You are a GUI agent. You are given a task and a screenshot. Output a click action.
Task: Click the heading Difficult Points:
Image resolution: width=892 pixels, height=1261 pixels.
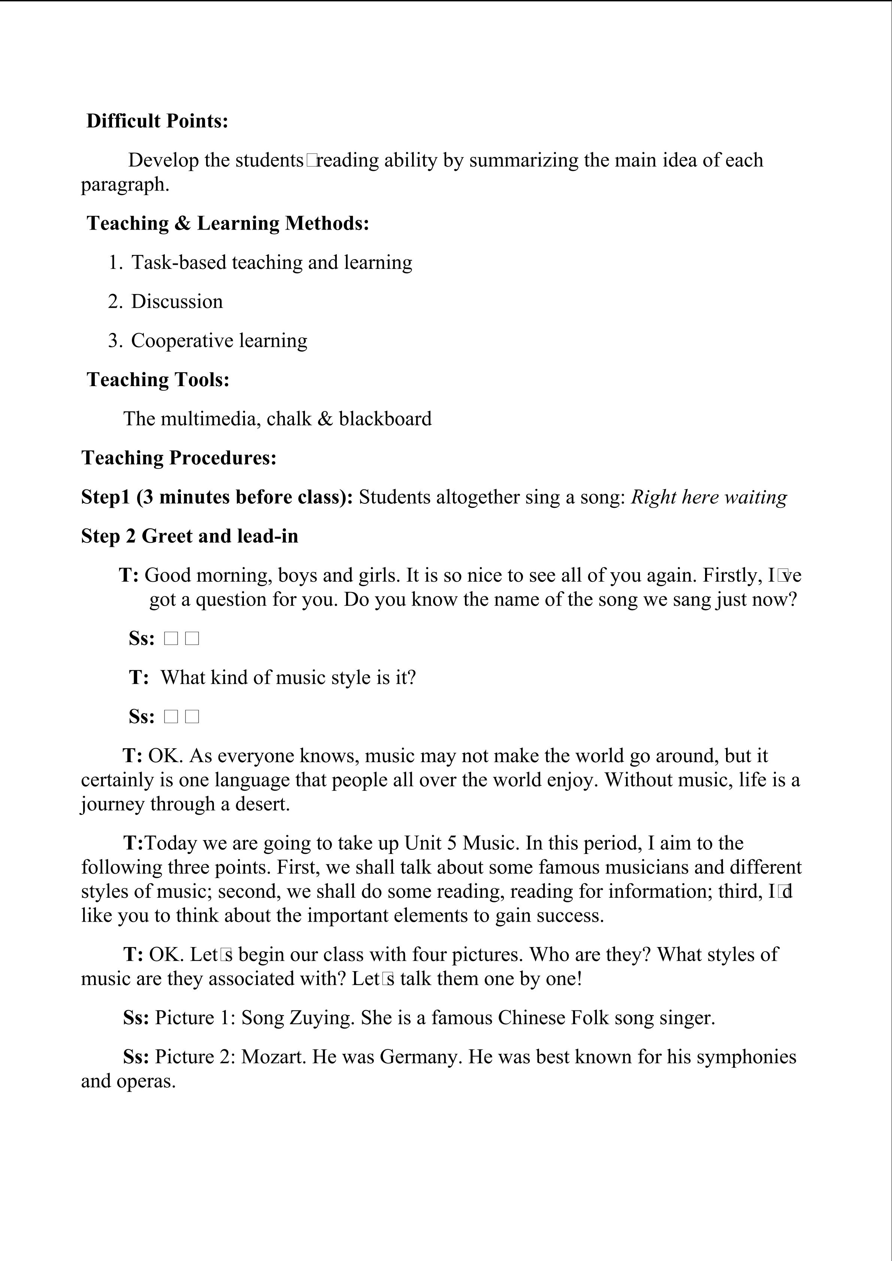(x=157, y=121)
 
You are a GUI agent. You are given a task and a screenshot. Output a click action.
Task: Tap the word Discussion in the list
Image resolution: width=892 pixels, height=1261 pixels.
(x=177, y=301)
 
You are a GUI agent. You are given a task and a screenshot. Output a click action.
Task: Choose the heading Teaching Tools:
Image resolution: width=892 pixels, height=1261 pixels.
(x=158, y=379)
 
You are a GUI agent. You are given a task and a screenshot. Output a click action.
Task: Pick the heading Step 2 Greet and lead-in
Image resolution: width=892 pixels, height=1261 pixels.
(x=190, y=536)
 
